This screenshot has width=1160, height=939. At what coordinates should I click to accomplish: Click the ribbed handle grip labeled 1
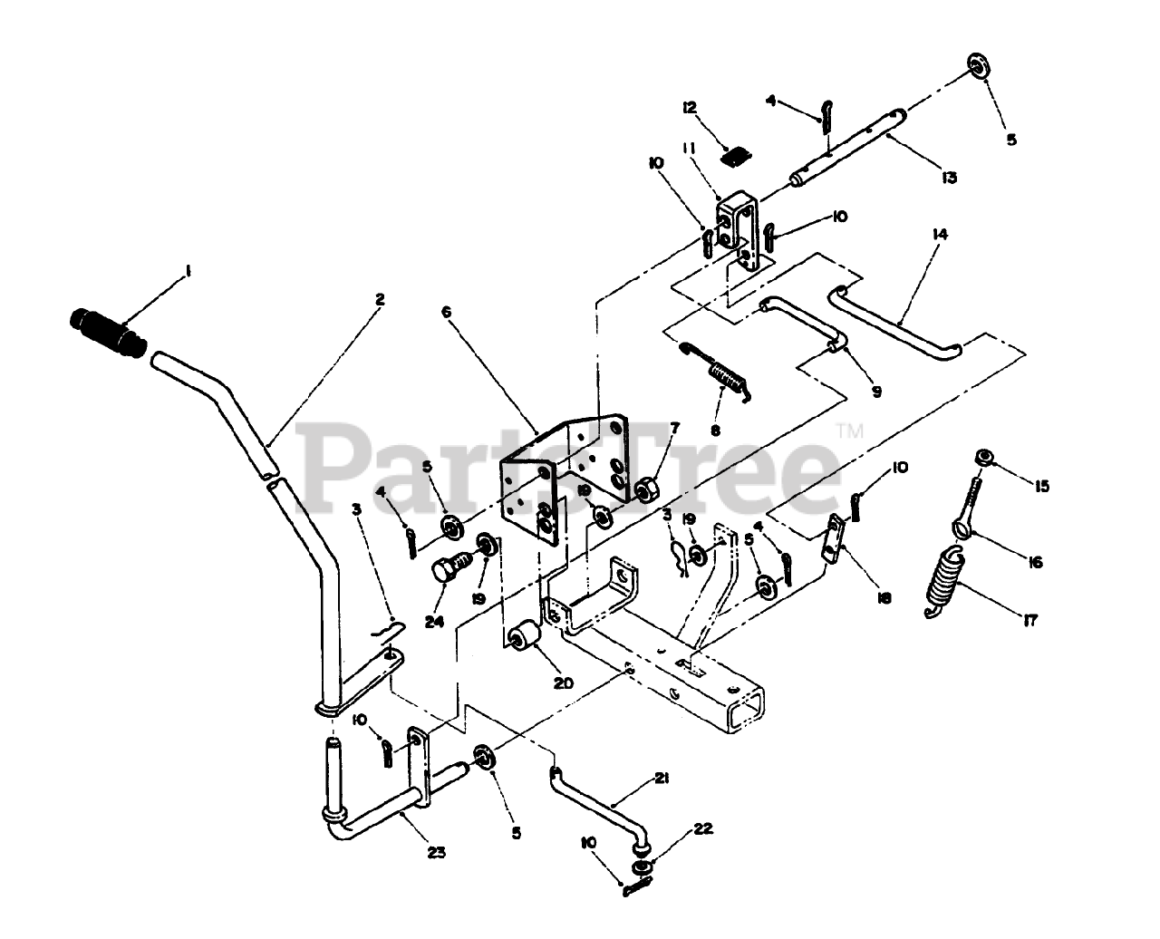pos(107,333)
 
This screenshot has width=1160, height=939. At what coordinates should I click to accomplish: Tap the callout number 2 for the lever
pos(380,297)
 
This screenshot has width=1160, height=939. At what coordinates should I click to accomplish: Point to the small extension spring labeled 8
pos(722,372)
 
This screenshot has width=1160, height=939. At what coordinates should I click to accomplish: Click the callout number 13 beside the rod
pos(949,177)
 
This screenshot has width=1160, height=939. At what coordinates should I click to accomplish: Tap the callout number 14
pos(940,234)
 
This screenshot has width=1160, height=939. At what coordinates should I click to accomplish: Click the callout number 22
pos(702,828)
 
